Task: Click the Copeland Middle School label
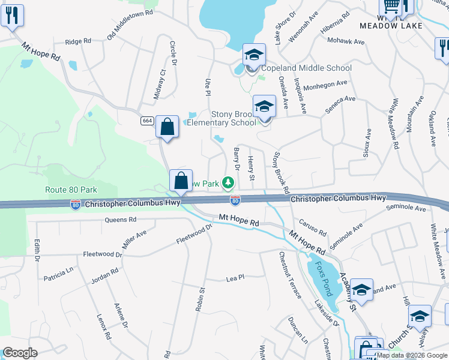coord(306,68)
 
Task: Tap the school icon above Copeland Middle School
coord(254,55)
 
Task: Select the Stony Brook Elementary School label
coord(222,118)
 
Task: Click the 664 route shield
coord(147,121)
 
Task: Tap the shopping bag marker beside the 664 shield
coord(167,127)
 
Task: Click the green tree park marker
coord(228,182)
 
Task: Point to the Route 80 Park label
coord(71,190)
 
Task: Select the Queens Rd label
coord(120,220)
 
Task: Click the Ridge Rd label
coord(78,41)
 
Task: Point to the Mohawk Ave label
coord(346,41)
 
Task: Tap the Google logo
coord(20,353)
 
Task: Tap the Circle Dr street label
coord(173,53)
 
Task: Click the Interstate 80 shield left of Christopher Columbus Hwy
coord(76,205)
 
